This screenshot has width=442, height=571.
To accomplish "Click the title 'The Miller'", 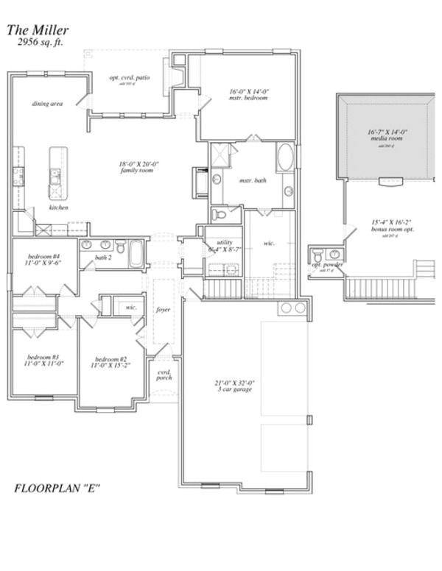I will pyautogui.click(x=38, y=30).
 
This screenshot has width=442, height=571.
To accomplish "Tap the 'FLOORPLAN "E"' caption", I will pyautogui.click(x=57, y=488).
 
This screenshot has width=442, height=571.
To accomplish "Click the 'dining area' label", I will pyautogui.click(x=47, y=104).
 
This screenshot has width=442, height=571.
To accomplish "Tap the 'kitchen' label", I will pyautogui.click(x=59, y=208).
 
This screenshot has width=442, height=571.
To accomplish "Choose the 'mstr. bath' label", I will pyautogui.click(x=253, y=180).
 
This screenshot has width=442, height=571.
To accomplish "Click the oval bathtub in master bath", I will pyautogui.click(x=285, y=158).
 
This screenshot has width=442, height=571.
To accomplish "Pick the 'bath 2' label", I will pyautogui.click(x=103, y=258).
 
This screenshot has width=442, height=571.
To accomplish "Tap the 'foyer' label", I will pyautogui.click(x=164, y=309).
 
